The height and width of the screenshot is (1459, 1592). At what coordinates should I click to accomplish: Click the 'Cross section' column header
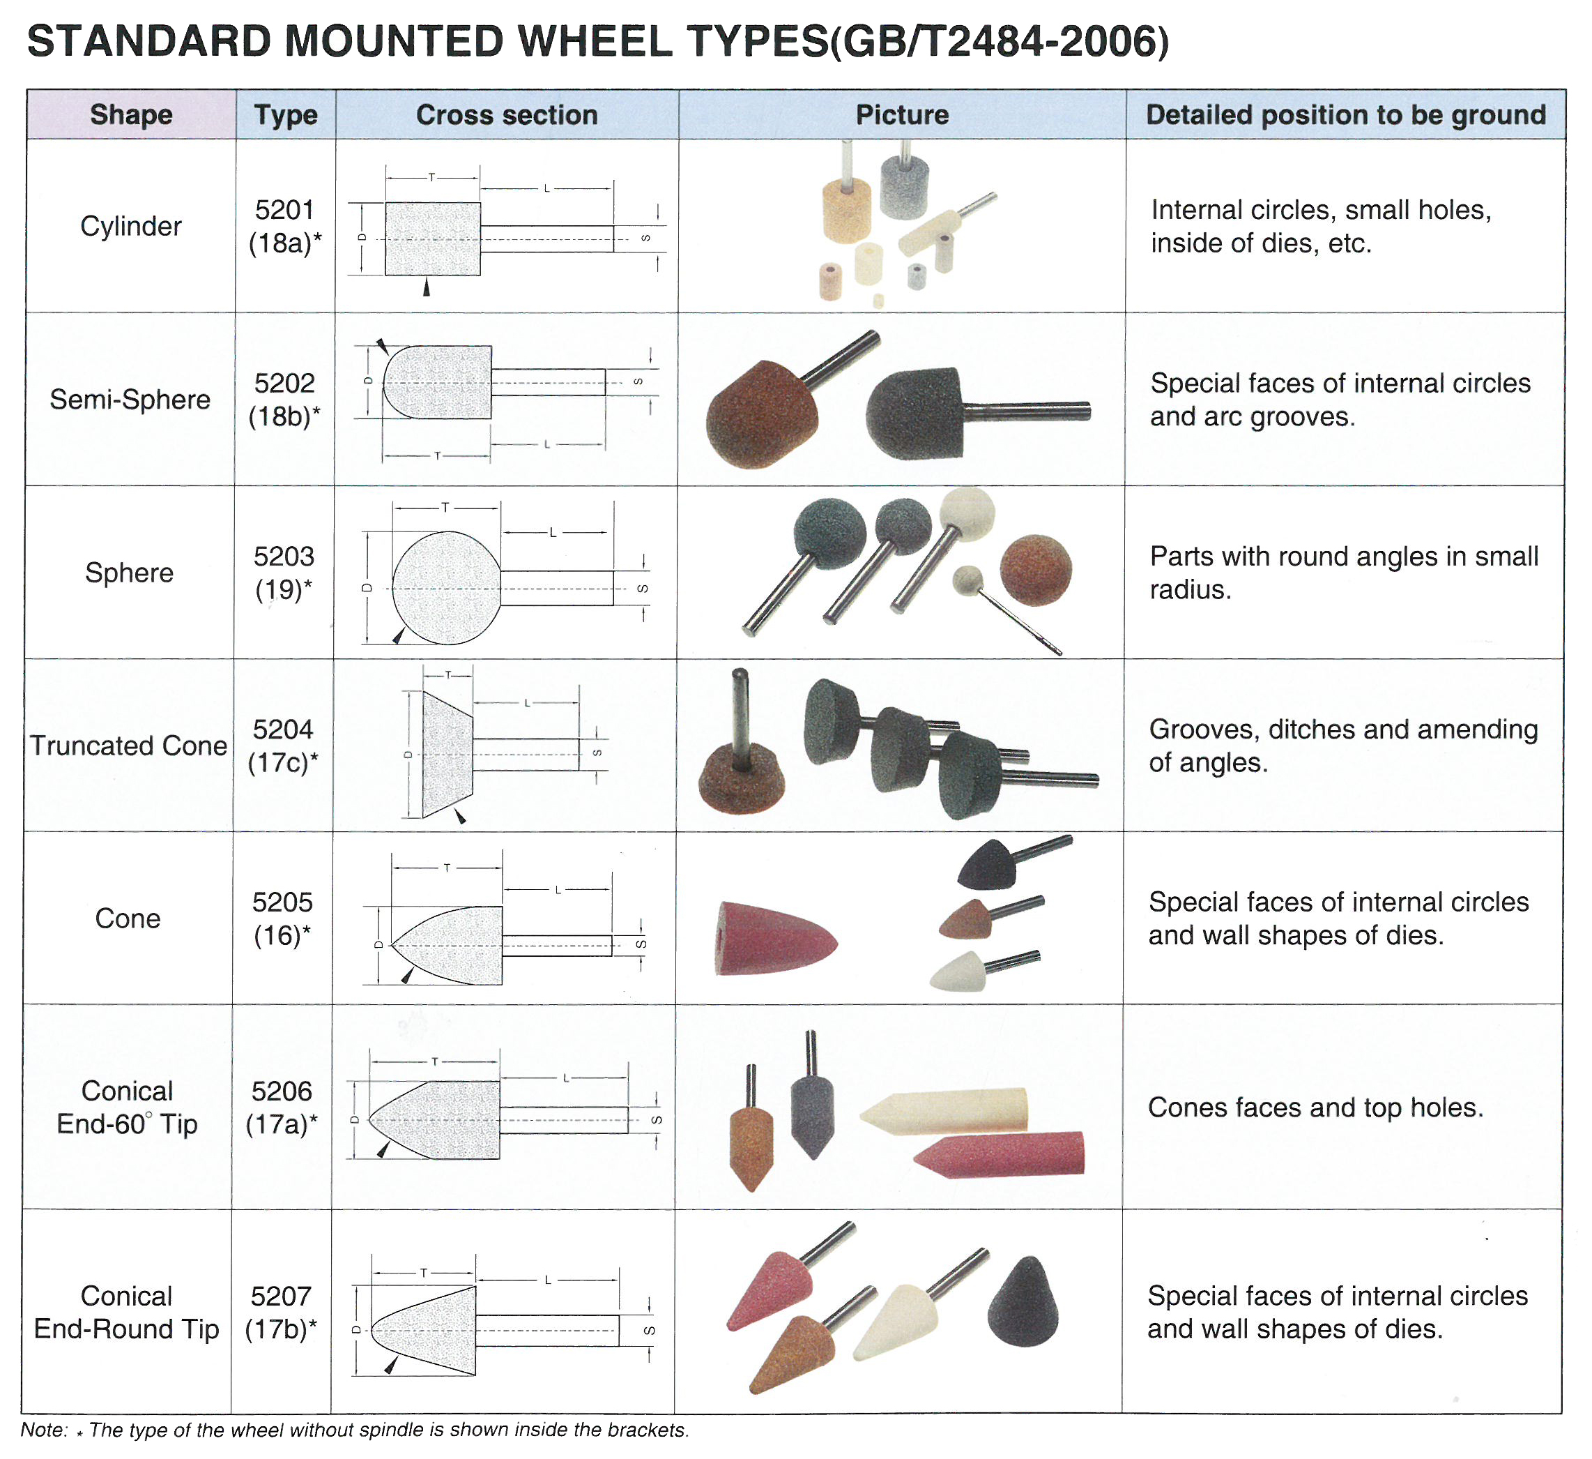[506, 115]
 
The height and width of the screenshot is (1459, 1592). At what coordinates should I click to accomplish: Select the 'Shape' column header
[131, 115]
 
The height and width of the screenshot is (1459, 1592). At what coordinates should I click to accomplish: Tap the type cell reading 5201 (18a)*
[285, 227]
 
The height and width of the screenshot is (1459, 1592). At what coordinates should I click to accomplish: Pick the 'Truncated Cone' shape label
[129, 746]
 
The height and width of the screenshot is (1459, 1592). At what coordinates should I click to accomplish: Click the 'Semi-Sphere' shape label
[130, 400]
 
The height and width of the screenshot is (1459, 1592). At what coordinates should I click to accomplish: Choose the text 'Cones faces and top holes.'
[1315, 1108]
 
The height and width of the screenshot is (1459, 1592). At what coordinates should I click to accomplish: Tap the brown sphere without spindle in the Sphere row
[1035, 570]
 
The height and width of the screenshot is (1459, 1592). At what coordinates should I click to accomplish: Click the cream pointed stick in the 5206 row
[944, 1112]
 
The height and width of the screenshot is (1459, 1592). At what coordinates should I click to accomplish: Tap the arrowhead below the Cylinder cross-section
[427, 287]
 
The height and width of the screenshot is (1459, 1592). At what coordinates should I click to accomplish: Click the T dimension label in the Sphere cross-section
[445, 507]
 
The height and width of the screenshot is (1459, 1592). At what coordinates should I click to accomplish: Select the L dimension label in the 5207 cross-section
[548, 1280]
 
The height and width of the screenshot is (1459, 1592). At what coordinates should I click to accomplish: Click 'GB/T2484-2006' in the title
[1000, 42]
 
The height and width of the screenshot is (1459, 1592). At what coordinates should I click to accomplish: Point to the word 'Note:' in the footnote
[44, 1430]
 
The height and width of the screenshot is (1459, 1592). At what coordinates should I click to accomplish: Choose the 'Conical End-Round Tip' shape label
[126, 1312]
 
